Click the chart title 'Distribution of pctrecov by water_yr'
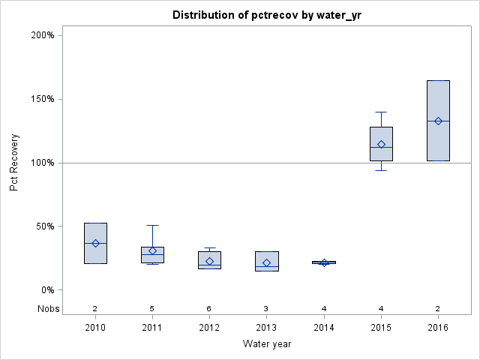(267, 15)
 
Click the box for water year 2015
(381, 133)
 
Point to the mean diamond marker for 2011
(152, 251)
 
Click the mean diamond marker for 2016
(438, 121)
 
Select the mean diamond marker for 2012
(209, 261)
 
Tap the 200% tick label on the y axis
(42, 35)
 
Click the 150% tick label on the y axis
(42, 99)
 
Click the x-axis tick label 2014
(324, 328)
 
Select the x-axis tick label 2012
(209, 328)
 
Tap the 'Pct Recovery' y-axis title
(14, 162)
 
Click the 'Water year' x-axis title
(267, 344)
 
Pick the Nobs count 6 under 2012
(209, 308)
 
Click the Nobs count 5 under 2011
(152, 308)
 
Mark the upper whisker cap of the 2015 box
(381, 112)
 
